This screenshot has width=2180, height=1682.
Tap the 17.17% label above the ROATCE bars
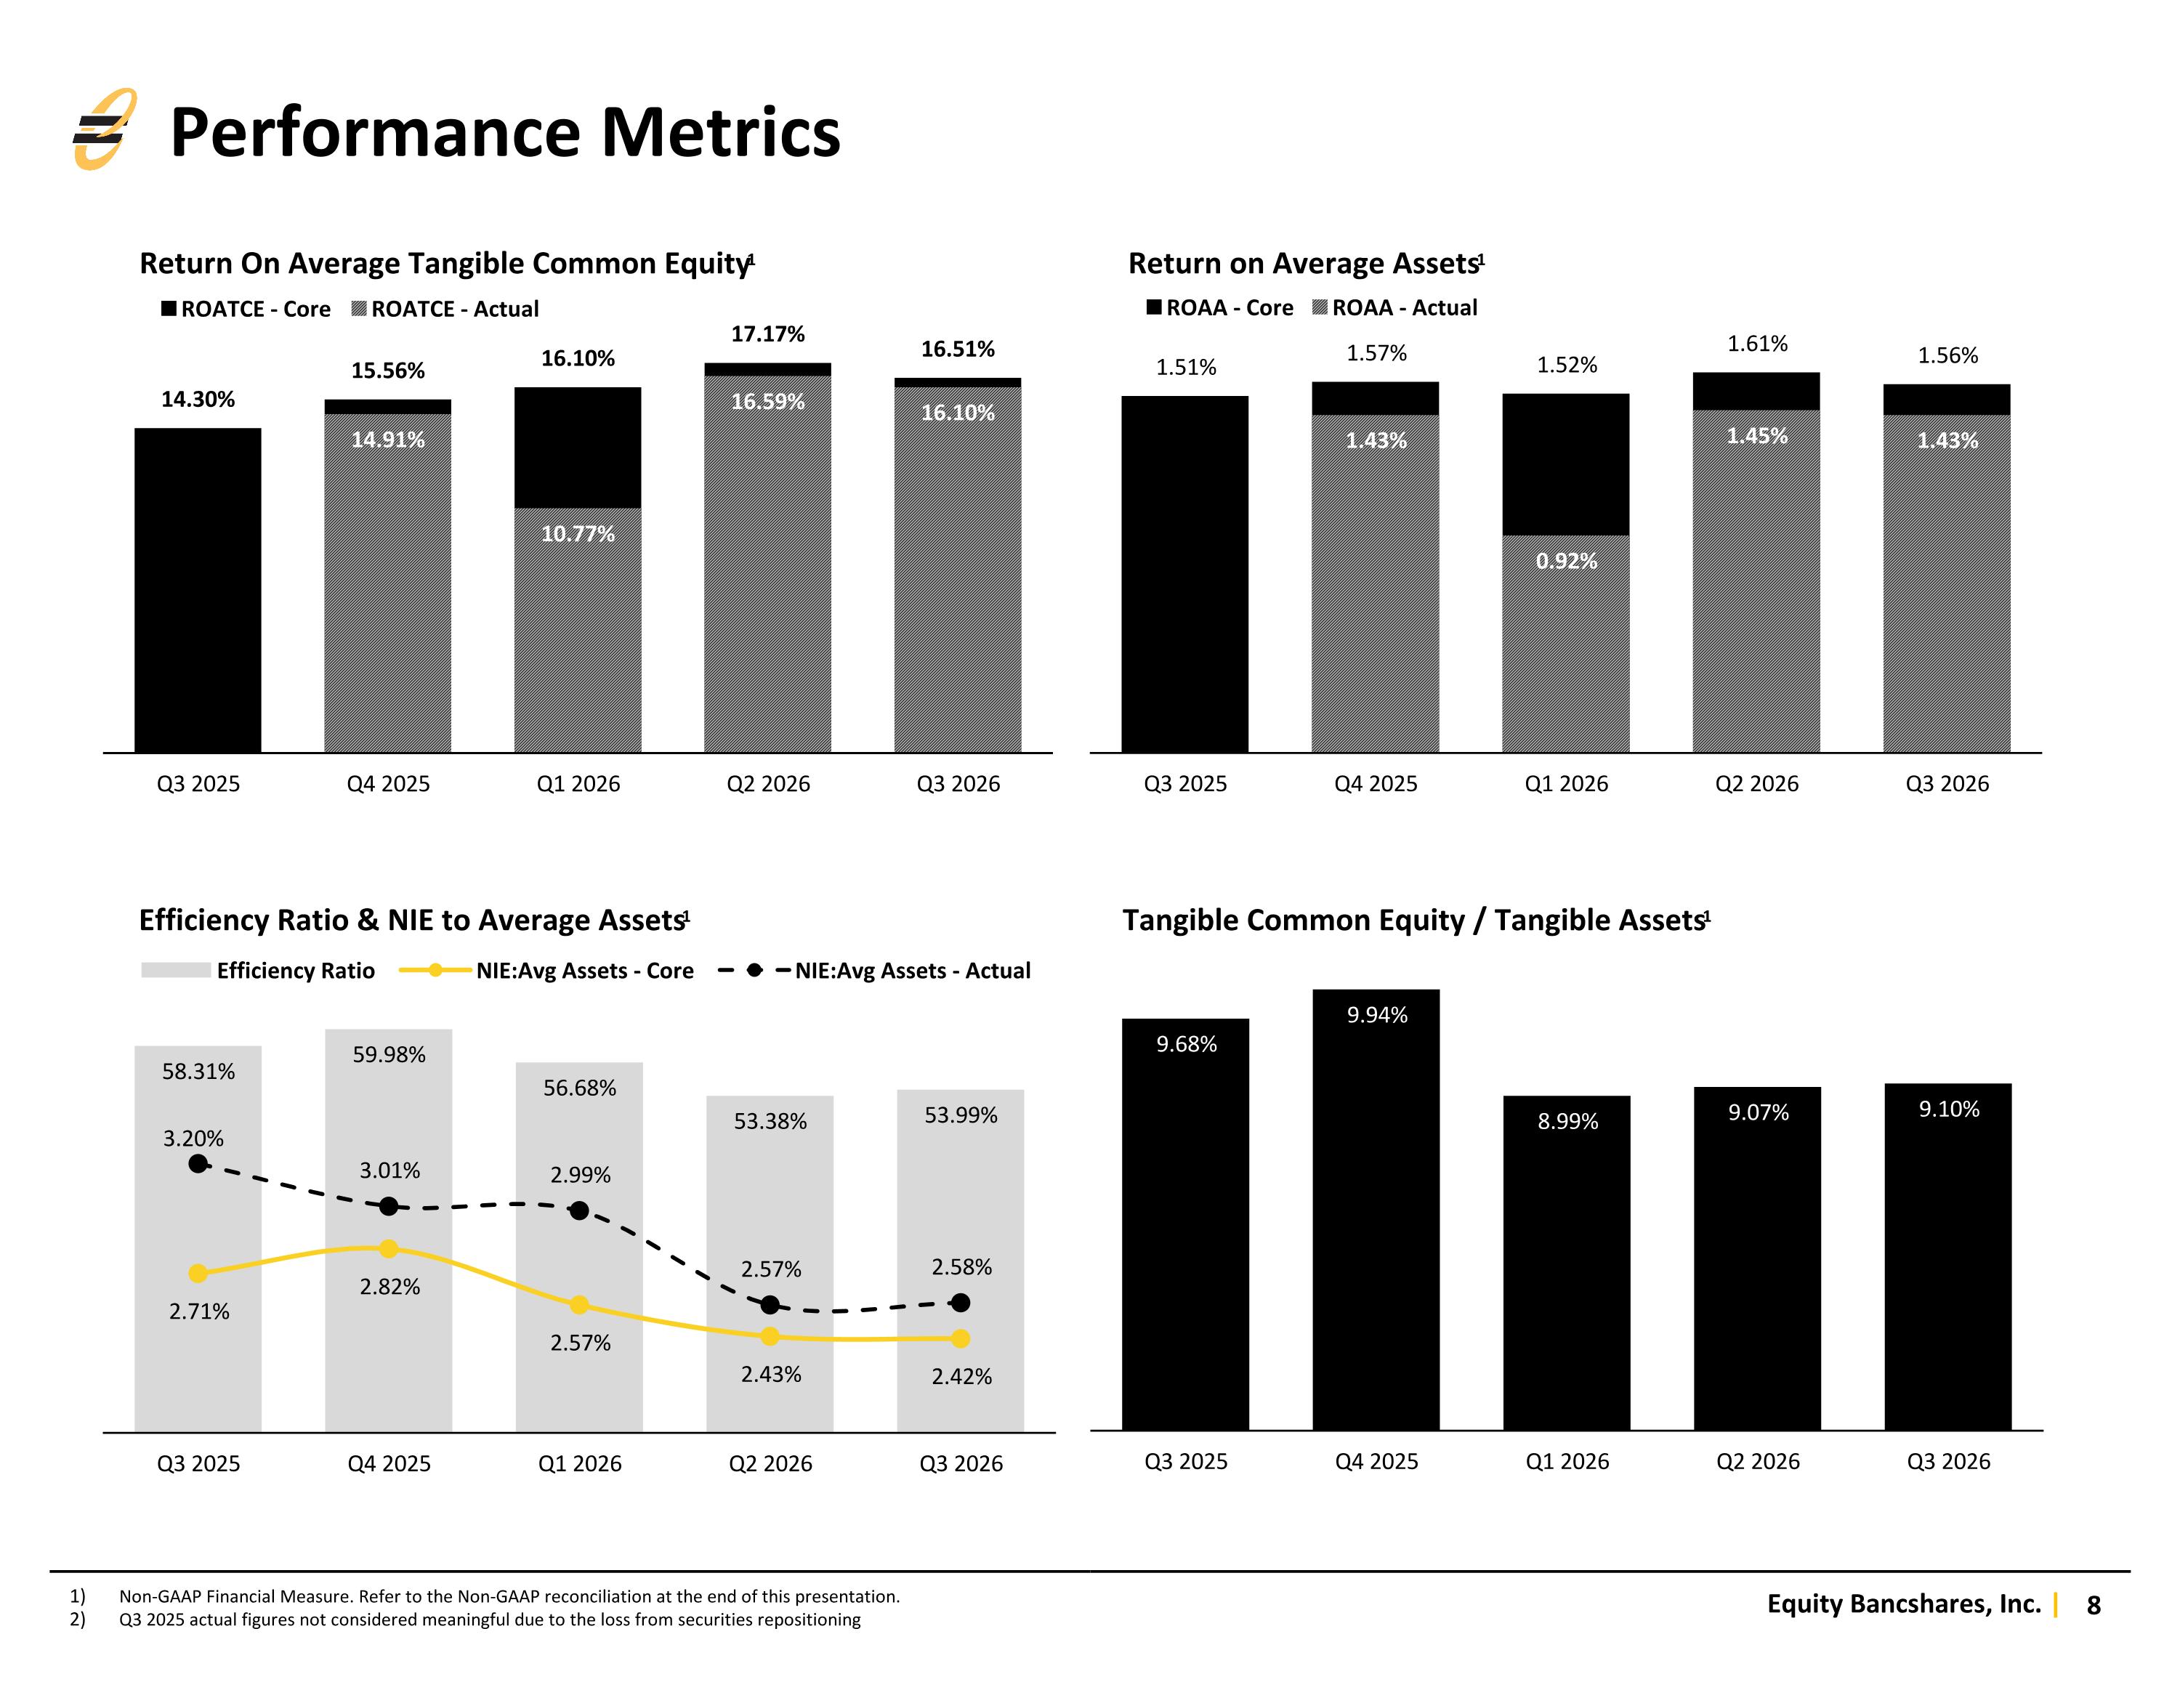(x=767, y=334)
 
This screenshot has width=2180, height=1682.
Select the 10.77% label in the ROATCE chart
(x=578, y=534)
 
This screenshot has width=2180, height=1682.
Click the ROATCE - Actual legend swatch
(x=360, y=309)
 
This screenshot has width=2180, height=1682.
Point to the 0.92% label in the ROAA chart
(x=1566, y=561)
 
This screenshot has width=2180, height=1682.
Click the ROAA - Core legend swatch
(x=1154, y=307)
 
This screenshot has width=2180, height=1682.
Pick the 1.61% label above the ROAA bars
(x=1758, y=344)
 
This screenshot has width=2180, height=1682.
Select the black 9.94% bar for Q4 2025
(x=1376, y=1210)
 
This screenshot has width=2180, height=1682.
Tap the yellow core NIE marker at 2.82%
(x=389, y=1249)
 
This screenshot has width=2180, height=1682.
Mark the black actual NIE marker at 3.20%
(x=198, y=1164)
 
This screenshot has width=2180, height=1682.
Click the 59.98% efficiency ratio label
(x=389, y=1055)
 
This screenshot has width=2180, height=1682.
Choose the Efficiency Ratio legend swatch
(x=176, y=970)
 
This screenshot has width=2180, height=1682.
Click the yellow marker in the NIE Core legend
(x=435, y=970)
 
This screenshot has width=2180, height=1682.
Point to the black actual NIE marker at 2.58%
(x=960, y=1303)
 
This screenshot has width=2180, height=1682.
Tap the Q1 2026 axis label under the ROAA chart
(x=1566, y=785)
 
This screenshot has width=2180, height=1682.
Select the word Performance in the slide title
(x=375, y=133)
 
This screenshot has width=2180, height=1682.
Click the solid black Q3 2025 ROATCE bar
(x=198, y=590)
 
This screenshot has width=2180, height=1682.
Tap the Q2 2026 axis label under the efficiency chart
(x=770, y=1464)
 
